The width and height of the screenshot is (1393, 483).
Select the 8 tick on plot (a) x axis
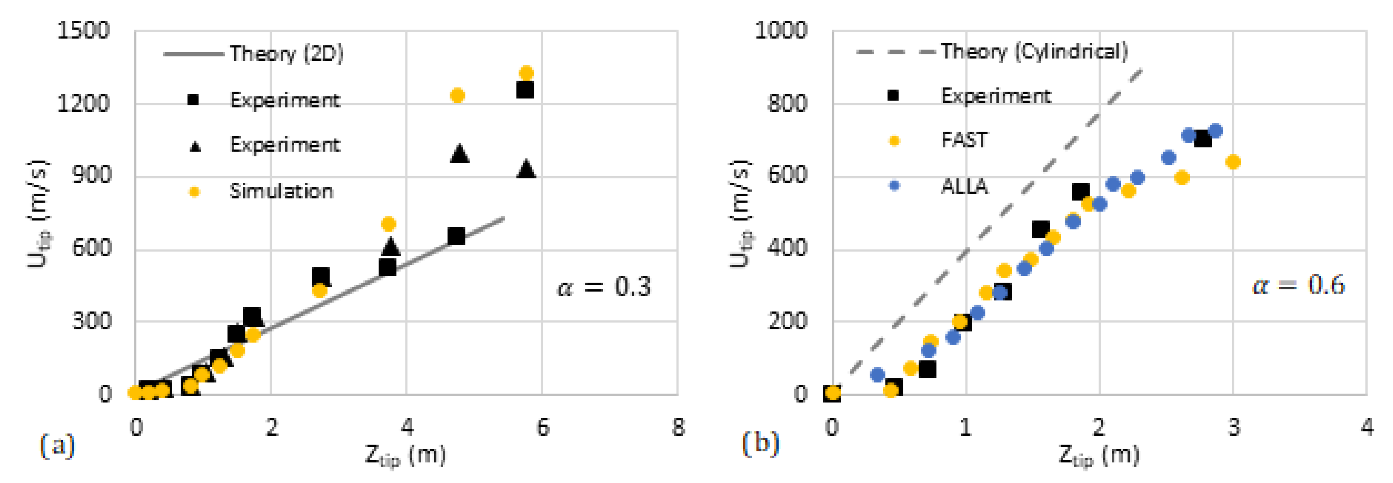(x=678, y=427)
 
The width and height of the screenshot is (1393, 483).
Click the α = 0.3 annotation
(x=604, y=287)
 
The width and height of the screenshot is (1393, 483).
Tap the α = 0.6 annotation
(x=1298, y=285)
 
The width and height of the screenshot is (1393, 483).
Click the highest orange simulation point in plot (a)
(x=526, y=73)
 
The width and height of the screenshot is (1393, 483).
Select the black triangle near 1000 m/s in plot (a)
(x=459, y=153)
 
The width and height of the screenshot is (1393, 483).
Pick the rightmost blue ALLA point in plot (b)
(x=1215, y=131)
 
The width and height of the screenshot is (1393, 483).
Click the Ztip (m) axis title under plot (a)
(x=405, y=455)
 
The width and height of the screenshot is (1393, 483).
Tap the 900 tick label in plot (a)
(x=91, y=175)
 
